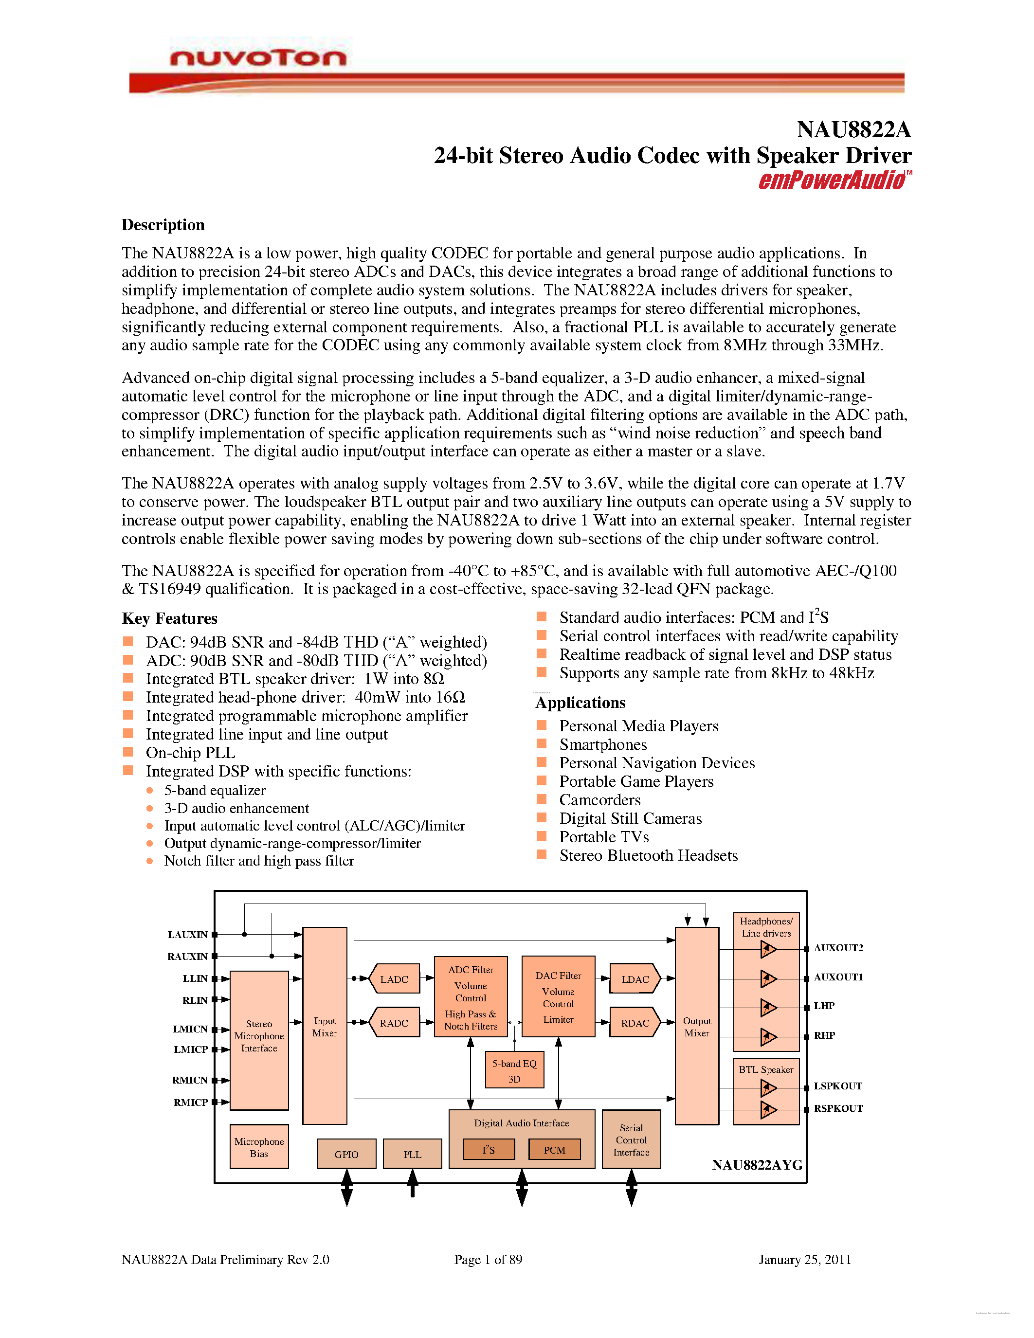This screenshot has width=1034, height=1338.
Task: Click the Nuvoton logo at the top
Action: (258, 58)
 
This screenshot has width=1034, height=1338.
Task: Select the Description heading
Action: (163, 225)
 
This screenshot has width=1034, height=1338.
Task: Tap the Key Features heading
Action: (170, 618)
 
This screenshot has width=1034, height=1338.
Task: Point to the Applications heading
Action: (580, 703)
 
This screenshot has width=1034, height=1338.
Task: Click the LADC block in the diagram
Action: (394, 979)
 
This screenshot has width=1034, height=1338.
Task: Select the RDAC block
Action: (635, 1023)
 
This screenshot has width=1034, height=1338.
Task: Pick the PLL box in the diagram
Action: (412, 1154)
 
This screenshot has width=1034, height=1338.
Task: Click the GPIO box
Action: (346, 1154)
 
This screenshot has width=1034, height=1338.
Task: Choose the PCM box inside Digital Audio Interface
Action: (554, 1150)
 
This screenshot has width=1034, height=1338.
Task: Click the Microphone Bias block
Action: (259, 1147)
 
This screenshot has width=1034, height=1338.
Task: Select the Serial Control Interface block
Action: (631, 1140)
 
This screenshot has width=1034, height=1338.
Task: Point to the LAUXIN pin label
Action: (187, 934)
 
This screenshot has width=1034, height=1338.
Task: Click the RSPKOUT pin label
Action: (838, 1108)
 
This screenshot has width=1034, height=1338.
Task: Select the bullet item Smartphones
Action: (603, 744)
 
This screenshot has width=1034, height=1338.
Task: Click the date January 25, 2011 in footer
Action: (805, 1260)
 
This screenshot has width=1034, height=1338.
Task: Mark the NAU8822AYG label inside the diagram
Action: (757, 1165)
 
